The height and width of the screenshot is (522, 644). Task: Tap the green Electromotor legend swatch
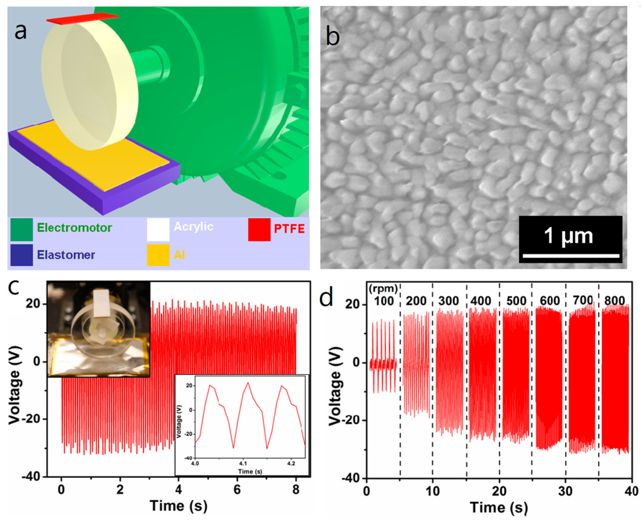22,229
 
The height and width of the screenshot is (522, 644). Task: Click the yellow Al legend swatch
158,255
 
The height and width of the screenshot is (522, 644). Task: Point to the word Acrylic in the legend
193,227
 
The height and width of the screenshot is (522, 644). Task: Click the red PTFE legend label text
289,229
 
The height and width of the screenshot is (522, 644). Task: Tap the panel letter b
333,37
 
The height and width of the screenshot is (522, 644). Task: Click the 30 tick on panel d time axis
565,491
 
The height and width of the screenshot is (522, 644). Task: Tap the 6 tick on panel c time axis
237,490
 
